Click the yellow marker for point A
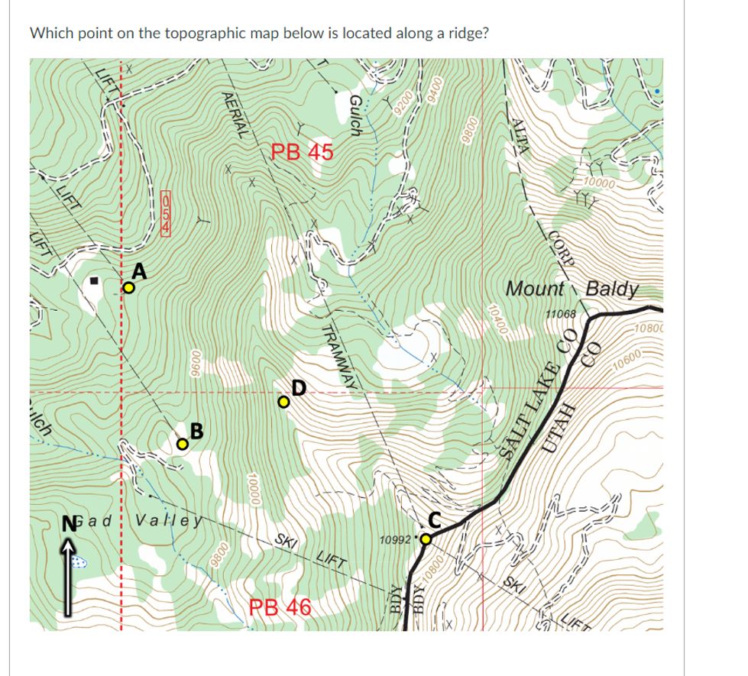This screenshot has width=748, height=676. point(129,289)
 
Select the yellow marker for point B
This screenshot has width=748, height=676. point(182,444)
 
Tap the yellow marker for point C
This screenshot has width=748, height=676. point(426,540)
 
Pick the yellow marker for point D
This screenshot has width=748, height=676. point(283,402)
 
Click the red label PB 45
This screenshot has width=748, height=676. point(303,152)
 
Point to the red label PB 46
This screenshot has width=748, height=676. point(280,608)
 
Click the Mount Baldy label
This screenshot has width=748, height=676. point(572,289)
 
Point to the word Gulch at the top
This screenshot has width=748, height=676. point(355,115)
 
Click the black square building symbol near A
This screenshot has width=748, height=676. point(95,281)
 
